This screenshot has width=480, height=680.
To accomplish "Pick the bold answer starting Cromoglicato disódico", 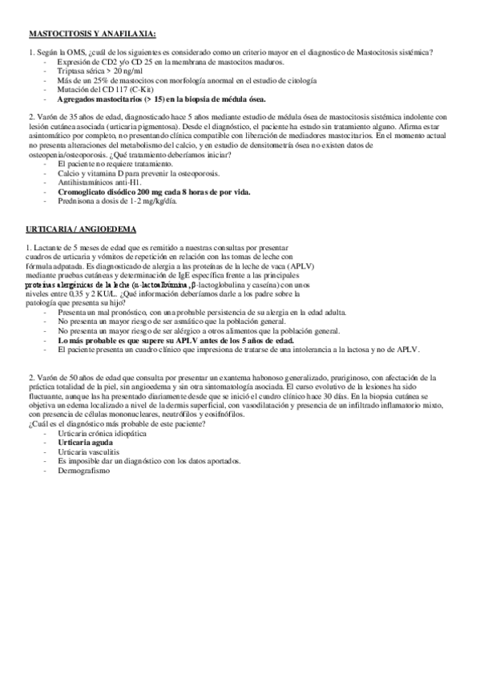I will (x=154, y=192).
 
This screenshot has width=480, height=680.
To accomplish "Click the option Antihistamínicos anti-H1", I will (x=106, y=183).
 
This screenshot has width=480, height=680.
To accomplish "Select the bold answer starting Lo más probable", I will (x=175, y=340).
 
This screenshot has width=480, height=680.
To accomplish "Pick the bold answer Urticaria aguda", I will (x=85, y=442).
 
